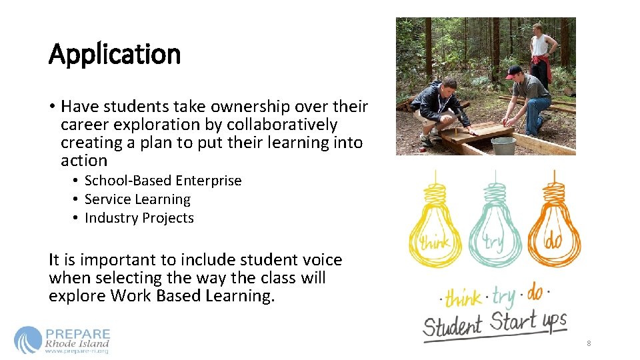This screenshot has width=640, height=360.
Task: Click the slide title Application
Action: pyautogui.click(x=115, y=54)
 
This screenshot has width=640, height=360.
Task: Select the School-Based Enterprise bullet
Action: pyautogui.click(x=163, y=181)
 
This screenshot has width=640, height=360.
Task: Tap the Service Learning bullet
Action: pyautogui.click(x=137, y=199)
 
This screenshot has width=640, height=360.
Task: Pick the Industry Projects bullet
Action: pyautogui.click(x=139, y=218)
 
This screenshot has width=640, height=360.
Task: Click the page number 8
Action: pyautogui.click(x=589, y=343)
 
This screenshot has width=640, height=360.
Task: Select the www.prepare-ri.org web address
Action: pyautogui.click(x=76, y=351)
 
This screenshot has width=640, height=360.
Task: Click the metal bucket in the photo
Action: pyautogui.click(x=503, y=145)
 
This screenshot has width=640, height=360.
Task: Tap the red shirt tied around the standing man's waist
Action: pyautogui.click(x=541, y=62)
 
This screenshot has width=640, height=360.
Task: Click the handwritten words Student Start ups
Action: pyautogui.click(x=495, y=323)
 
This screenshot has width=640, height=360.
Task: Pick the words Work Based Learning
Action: pyautogui.click(x=193, y=296)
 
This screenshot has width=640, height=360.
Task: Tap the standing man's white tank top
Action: pyautogui.click(x=541, y=45)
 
